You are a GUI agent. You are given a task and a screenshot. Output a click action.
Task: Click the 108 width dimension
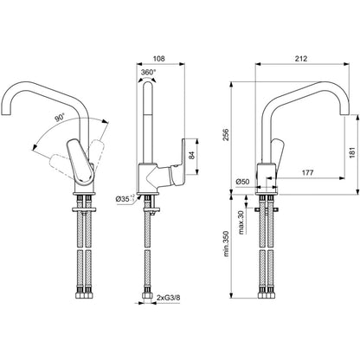click(158, 59)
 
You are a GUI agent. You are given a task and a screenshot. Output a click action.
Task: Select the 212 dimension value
click(301, 59)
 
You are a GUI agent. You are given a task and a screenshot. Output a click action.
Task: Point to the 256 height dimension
click(226, 135)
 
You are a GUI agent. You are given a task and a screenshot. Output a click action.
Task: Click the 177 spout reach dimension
click(307, 173)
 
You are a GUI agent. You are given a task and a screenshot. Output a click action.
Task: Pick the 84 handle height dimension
click(192, 155)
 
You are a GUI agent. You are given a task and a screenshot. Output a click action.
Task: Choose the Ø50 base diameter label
click(242, 182)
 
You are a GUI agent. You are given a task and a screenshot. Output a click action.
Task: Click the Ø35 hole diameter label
click(125, 198)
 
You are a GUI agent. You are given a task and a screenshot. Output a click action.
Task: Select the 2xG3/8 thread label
click(169, 298)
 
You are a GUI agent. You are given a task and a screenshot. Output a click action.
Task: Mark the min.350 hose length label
click(226, 244)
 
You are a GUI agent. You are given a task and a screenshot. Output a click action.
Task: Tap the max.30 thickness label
click(241, 222)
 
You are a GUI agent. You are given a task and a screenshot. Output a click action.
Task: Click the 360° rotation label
click(148, 73)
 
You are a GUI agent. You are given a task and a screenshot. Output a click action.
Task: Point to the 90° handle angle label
click(60, 118)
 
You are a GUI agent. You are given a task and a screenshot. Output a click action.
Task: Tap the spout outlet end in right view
click(344, 113)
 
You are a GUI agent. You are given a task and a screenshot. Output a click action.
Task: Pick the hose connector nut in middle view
click(147, 296)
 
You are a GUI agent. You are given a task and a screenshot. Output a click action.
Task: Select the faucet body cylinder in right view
click(267, 176)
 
